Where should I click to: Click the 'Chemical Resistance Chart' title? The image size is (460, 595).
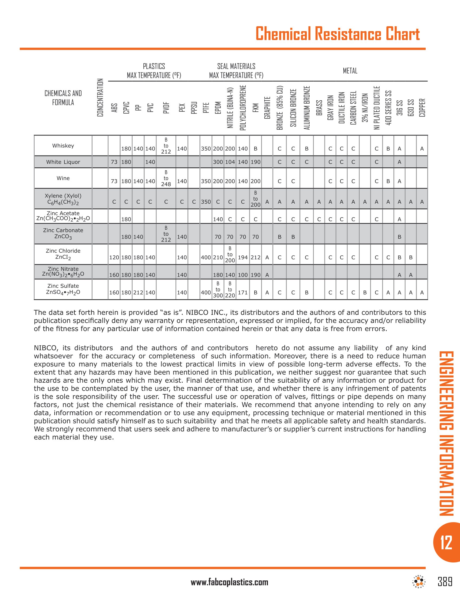click(337, 34)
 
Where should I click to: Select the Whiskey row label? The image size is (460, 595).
click(63, 146)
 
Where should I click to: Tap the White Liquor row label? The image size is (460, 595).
click(63, 162)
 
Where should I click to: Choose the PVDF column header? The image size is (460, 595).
click(166, 108)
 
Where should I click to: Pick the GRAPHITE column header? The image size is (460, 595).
click(267, 108)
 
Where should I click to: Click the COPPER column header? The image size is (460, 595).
click(422, 108)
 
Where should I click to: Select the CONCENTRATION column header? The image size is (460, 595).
click(100, 98)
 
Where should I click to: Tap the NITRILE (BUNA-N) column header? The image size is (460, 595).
click(230, 108)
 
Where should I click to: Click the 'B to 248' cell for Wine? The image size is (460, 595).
click(166, 178)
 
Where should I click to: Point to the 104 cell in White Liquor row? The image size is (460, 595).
click(230, 162)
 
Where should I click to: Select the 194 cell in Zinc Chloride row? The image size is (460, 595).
click(243, 257)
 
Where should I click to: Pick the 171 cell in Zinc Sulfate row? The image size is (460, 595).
click(243, 293)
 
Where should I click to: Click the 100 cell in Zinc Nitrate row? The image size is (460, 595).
click(243, 275)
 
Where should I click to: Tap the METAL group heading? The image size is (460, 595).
click(350, 71)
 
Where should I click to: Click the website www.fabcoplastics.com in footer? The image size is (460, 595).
click(229, 582)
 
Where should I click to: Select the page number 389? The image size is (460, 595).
click(445, 581)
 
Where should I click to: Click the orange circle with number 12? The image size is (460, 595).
click(446, 543)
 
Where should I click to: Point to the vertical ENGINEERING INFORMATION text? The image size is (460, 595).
click(446, 433)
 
